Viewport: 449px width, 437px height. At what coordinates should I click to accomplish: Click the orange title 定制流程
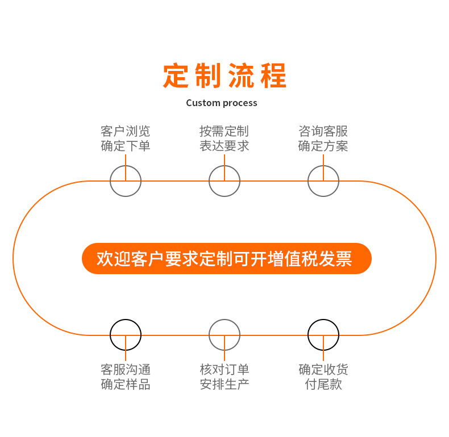(x=224, y=75)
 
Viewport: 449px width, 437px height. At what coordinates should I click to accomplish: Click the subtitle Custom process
(x=222, y=103)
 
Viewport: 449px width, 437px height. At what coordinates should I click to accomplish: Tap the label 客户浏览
(x=126, y=132)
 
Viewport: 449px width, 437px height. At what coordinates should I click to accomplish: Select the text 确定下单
(x=126, y=146)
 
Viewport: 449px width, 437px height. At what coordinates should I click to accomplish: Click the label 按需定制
(x=224, y=132)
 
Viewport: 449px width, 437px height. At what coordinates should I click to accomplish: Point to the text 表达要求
(x=224, y=146)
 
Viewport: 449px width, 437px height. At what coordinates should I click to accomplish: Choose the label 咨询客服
(x=323, y=132)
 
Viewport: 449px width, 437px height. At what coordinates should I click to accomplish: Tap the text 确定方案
(x=323, y=146)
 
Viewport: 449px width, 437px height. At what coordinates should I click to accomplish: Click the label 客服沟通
(x=126, y=369)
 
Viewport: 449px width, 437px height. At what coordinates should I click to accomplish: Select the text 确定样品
(x=126, y=384)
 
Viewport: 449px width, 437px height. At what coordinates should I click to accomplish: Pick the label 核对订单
(x=224, y=369)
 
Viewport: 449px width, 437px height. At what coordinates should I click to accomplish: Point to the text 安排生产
(x=224, y=384)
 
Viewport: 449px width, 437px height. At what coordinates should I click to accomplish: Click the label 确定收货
(x=323, y=369)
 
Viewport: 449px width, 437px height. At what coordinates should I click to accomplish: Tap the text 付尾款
(x=323, y=384)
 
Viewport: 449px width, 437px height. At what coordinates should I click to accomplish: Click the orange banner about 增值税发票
(x=226, y=259)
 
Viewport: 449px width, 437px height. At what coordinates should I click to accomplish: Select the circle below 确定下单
(x=126, y=181)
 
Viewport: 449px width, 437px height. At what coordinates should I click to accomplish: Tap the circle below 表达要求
(x=224, y=181)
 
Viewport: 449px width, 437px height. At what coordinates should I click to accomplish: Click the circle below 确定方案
(x=323, y=181)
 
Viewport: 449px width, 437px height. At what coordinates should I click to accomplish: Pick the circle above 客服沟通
(x=126, y=335)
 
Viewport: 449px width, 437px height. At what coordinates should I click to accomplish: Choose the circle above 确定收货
(x=323, y=335)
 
